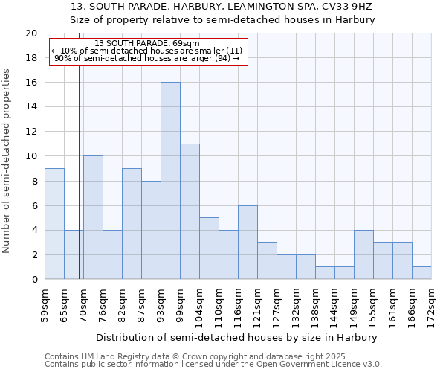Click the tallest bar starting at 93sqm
tap(170, 181)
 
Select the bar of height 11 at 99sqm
tap(190, 211)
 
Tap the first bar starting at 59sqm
tap(54, 224)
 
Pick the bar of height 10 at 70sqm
tap(93, 217)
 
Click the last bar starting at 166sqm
tap(421, 273)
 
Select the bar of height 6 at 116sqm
tap(248, 243)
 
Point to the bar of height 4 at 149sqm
tap(363, 254)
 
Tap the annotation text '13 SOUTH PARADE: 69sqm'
tap(147, 44)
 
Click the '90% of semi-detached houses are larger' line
tap(147, 58)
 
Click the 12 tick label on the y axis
tap(31, 132)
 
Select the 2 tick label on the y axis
tap(34, 255)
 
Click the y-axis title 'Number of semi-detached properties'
tap(7, 161)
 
